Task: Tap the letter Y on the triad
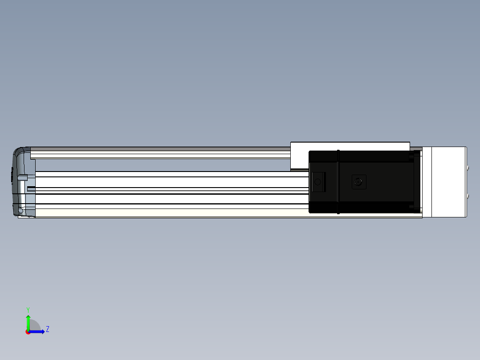[28, 310]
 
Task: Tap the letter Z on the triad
[48, 329]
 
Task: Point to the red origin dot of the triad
[28, 332]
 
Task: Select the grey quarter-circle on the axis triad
[34, 325]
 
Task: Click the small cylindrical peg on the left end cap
[23, 177]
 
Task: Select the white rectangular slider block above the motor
[350, 147]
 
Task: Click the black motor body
[361, 182]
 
